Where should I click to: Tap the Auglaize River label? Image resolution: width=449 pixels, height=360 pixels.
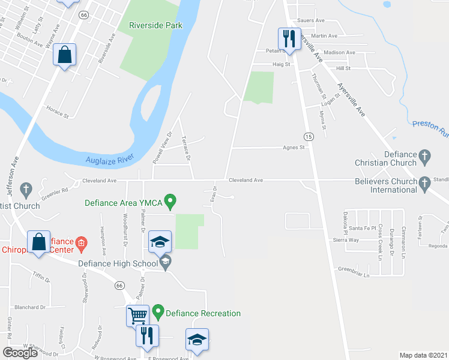click(x=108, y=160)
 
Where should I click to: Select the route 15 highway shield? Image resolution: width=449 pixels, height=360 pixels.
click(x=308, y=137)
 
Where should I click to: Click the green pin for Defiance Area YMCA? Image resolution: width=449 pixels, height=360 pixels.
click(x=170, y=202)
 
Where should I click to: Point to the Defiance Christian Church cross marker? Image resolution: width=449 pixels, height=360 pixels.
click(x=425, y=157)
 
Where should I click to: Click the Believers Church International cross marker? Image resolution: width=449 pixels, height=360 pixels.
click(x=425, y=181)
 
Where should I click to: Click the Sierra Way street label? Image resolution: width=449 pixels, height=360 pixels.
click(x=345, y=239)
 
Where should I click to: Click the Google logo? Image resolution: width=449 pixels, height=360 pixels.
click(x=20, y=353)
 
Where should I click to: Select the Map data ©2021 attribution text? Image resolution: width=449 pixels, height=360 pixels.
click(x=423, y=355)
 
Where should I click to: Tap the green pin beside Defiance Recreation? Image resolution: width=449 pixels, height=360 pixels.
click(x=158, y=313)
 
